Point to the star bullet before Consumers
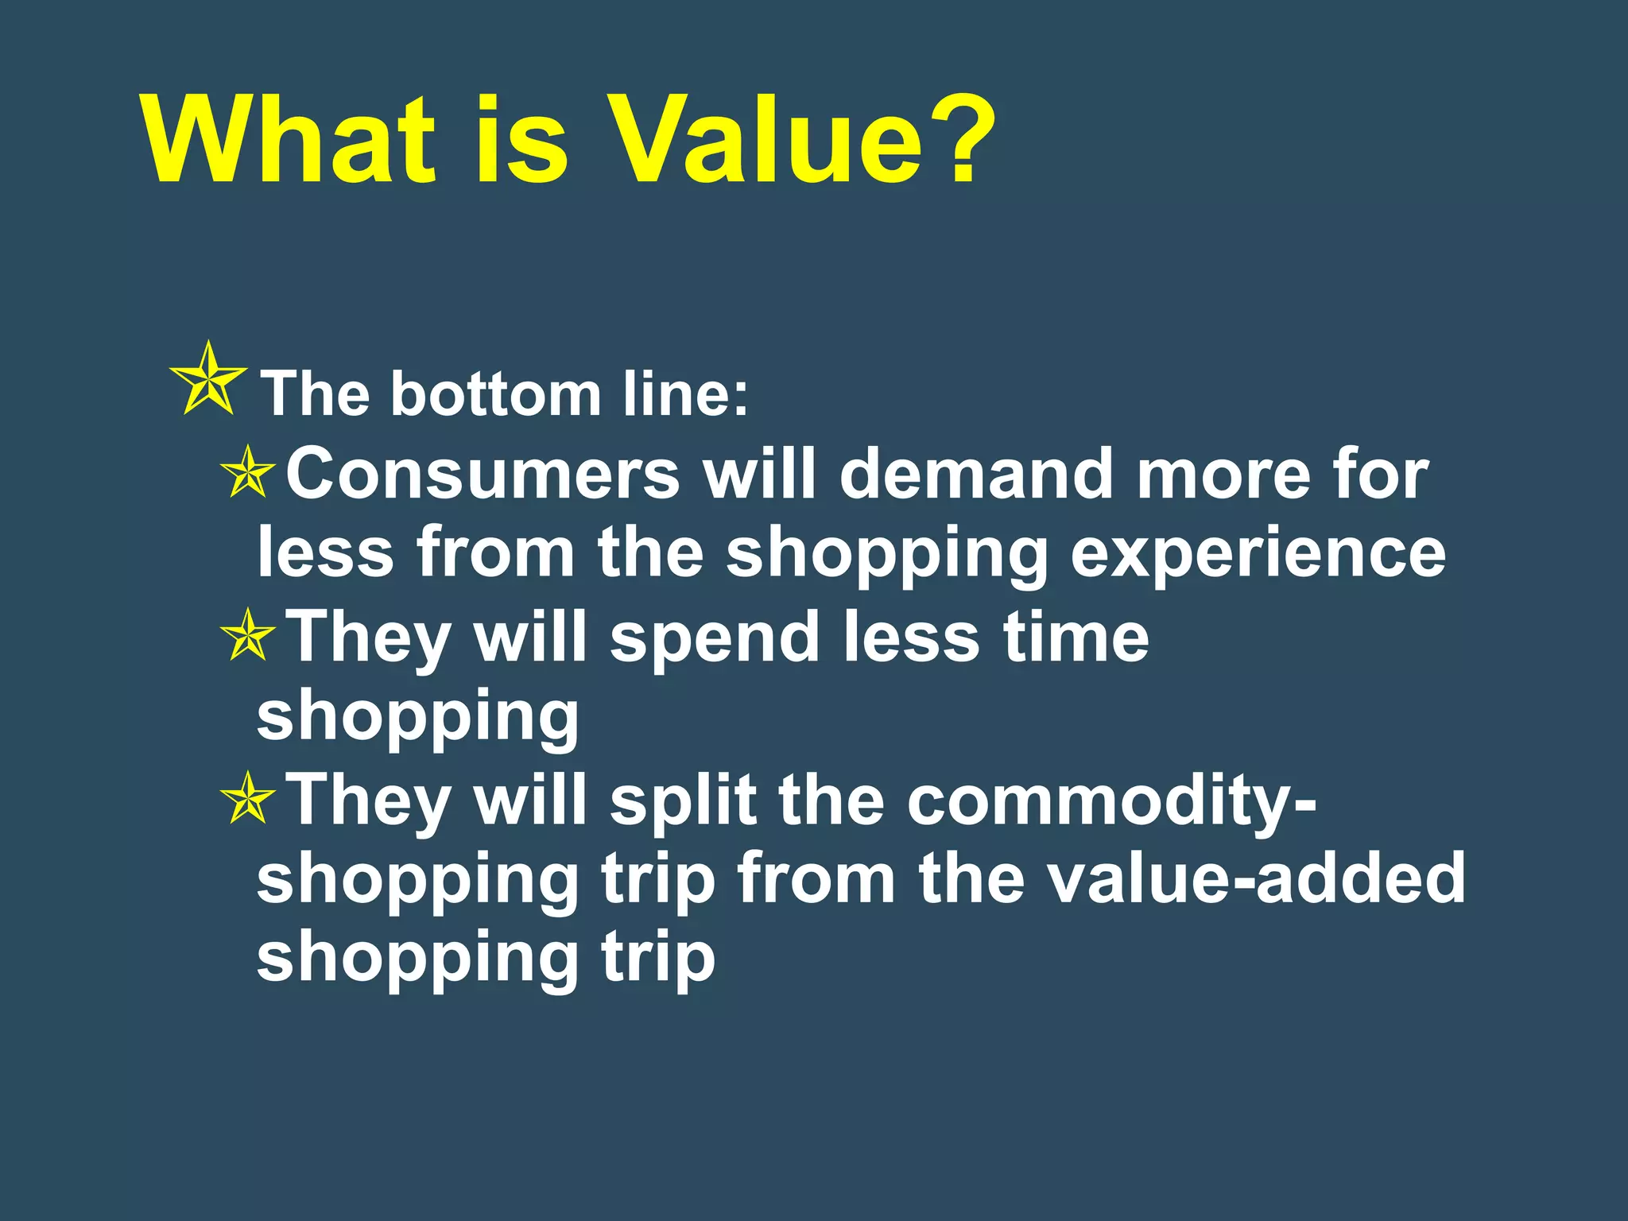[x=248, y=472]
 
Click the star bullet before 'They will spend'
[x=248, y=635]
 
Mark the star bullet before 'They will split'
[x=248, y=798]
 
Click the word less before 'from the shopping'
[x=326, y=554]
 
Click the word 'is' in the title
[x=521, y=141]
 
